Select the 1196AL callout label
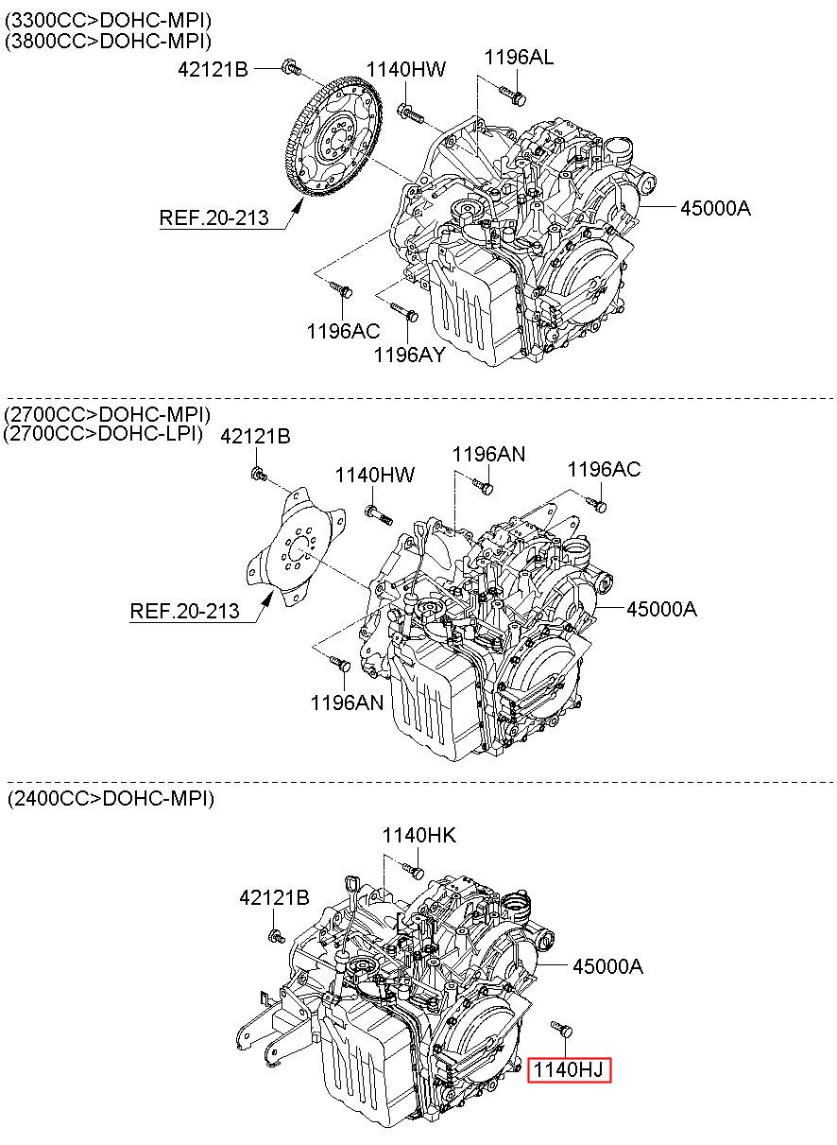tap(519, 57)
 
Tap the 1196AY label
tap(410, 355)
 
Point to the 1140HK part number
tap(419, 836)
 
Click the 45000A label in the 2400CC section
tap(607, 966)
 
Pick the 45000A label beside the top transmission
tap(715, 208)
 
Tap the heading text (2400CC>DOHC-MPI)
tap(111, 798)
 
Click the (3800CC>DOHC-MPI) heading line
tap(108, 41)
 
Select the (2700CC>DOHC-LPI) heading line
tap(104, 433)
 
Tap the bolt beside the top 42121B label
tap(291, 66)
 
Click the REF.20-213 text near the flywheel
tap(214, 217)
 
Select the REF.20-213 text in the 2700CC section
tap(185, 611)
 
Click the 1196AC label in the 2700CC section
tap(604, 469)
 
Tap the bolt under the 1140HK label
tap(413, 870)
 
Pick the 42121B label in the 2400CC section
tap(274, 897)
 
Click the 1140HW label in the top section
tap(406, 69)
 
